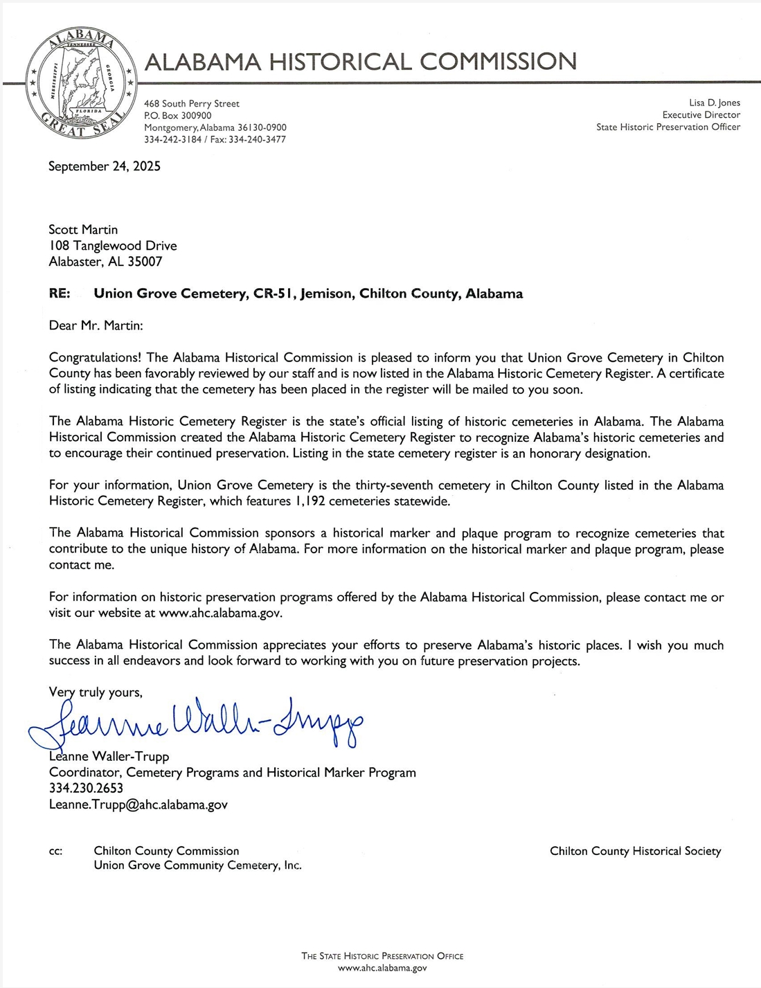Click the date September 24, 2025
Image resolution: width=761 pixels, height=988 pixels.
tap(104, 166)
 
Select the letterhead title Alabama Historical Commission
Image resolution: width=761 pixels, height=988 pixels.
tap(360, 62)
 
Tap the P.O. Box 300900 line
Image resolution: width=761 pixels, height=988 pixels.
tap(178, 116)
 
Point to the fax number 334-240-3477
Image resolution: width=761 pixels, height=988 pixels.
tap(257, 139)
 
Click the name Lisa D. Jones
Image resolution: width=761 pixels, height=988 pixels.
tap(714, 103)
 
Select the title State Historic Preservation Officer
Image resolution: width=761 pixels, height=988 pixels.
tap(668, 127)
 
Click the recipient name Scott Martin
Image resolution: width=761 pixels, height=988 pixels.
tap(83, 229)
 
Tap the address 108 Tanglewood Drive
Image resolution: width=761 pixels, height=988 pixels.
tap(112, 246)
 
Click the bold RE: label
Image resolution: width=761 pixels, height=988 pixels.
tap(60, 294)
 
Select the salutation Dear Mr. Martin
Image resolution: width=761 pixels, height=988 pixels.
tap(96, 325)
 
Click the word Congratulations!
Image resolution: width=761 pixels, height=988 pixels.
tap(95, 358)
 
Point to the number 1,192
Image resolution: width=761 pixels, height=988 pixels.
tap(309, 501)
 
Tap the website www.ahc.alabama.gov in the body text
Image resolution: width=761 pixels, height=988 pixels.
tap(220, 613)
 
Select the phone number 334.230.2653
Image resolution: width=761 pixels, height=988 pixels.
tap(86, 789)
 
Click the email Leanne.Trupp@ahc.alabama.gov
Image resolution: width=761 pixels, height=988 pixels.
tap(138, 805)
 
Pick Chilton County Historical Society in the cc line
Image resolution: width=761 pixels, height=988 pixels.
tap(635, 851)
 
